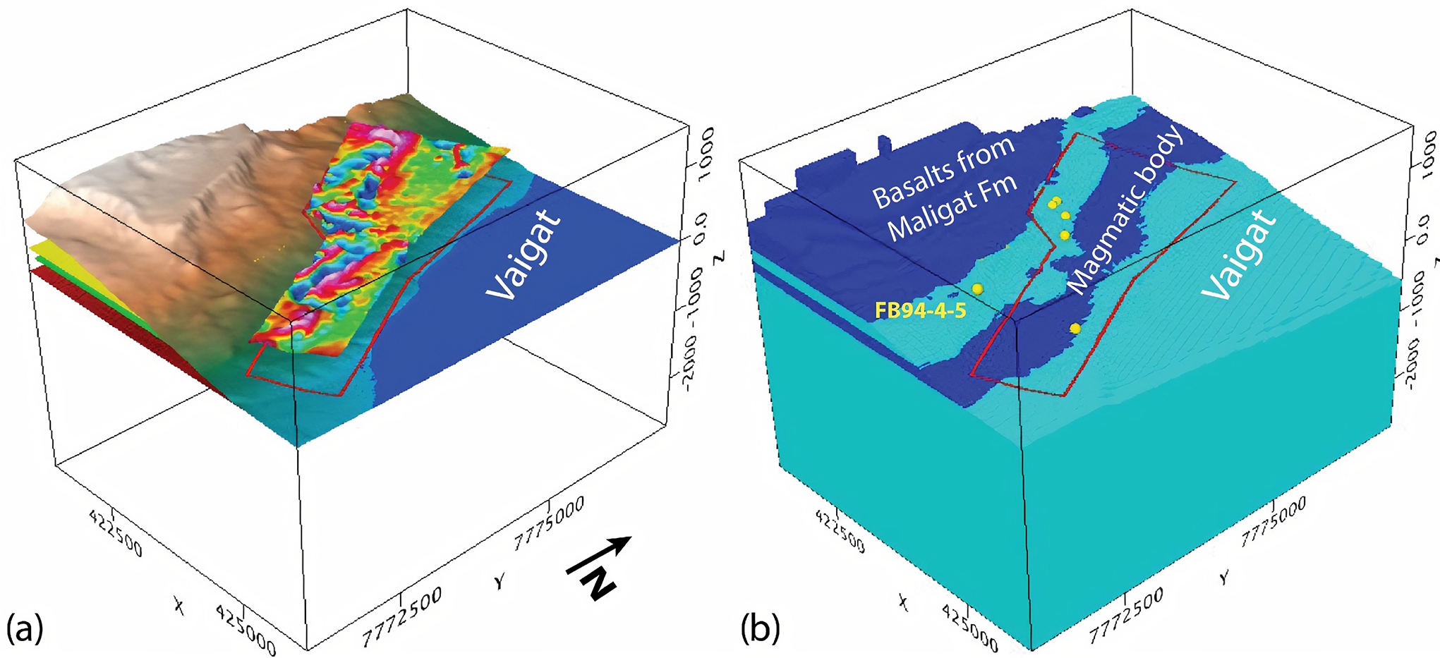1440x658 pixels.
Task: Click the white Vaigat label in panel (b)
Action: tap(1239, 255)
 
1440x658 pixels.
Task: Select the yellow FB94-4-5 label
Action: tap(920, 310)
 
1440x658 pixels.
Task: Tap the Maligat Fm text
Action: tap(952, 209)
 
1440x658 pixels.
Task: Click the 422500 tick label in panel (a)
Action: tap(116, 532)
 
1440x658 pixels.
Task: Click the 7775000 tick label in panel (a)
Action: tap(550, 523)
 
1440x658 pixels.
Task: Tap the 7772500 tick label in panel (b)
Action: tap(1126, 616)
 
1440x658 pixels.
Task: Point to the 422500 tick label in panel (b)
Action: tap(840, 530)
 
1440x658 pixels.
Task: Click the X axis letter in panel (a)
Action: tap(179, 605)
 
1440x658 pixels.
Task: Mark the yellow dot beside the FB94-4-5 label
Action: tap(977, 288)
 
